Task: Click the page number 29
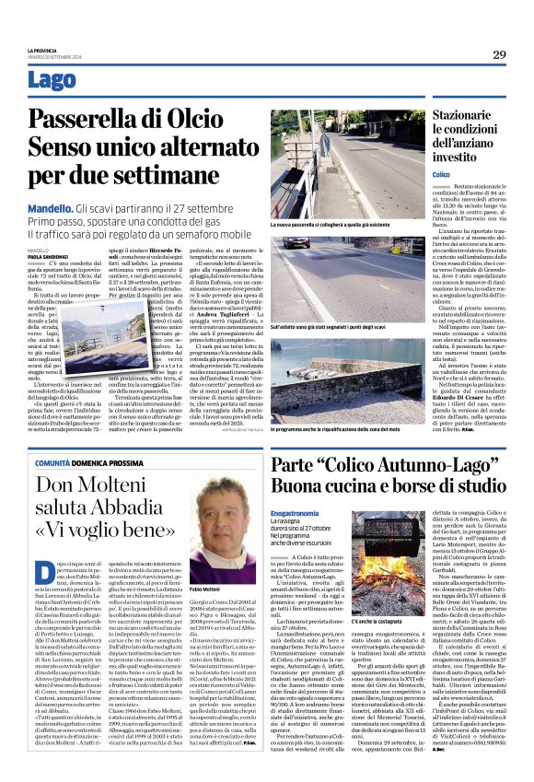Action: [x=498, y=55]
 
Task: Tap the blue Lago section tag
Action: [x=52, y=81]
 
